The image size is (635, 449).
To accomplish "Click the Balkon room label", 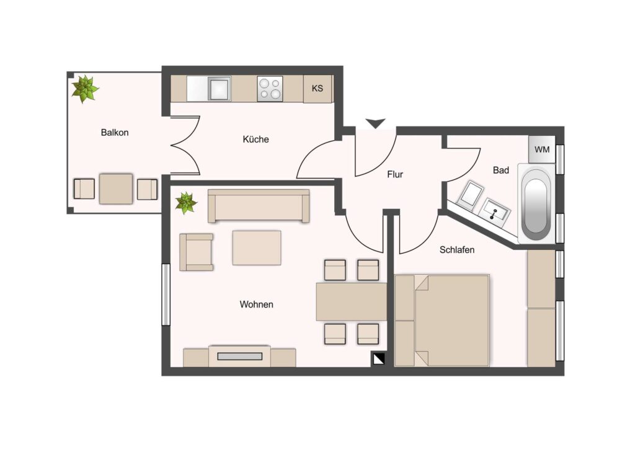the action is (115, 132).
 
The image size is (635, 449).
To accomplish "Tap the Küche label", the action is (255, 140).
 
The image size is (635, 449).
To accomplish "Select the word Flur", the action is (395, 174).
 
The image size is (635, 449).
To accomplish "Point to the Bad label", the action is (500, 171).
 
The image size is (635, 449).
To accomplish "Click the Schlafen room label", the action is (457, 250).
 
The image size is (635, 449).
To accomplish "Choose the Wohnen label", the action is (256, 305).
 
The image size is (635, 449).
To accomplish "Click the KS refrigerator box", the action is (317, 88).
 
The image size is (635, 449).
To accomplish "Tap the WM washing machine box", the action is (542, 149).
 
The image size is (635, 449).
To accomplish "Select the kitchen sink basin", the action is (219, 89).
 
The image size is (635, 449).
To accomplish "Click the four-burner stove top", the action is (270, 89).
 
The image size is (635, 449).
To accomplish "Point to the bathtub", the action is (536, 203).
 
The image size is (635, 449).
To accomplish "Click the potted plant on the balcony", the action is (85, 89).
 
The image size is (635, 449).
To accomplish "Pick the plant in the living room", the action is (186, 203).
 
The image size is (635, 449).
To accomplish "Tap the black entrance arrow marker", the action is (375, 123).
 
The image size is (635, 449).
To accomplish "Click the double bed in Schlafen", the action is (442, 321).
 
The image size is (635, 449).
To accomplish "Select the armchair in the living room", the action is (197, 252).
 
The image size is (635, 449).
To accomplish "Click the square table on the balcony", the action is (116, 189).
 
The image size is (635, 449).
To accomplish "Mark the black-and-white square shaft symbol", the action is (378, 359).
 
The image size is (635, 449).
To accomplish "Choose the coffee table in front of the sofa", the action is (257, 248).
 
